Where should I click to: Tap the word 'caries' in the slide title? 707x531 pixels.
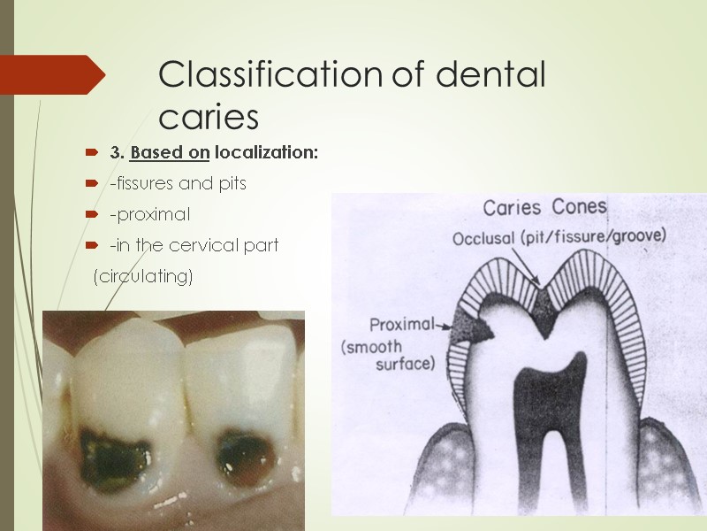(x=209, y=116)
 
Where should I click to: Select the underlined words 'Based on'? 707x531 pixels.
(x=169, y=153)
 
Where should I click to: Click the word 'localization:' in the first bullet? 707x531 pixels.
(x=266, y=153)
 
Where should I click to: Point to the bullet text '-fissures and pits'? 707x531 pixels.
(x=178, y=184)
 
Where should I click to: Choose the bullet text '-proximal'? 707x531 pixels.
(x=149, y=215)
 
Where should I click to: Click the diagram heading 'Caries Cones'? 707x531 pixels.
(x=544, y=208)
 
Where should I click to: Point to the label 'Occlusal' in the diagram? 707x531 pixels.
(x=483, y=240)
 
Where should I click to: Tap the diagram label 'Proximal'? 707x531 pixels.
(x=401, y=324)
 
